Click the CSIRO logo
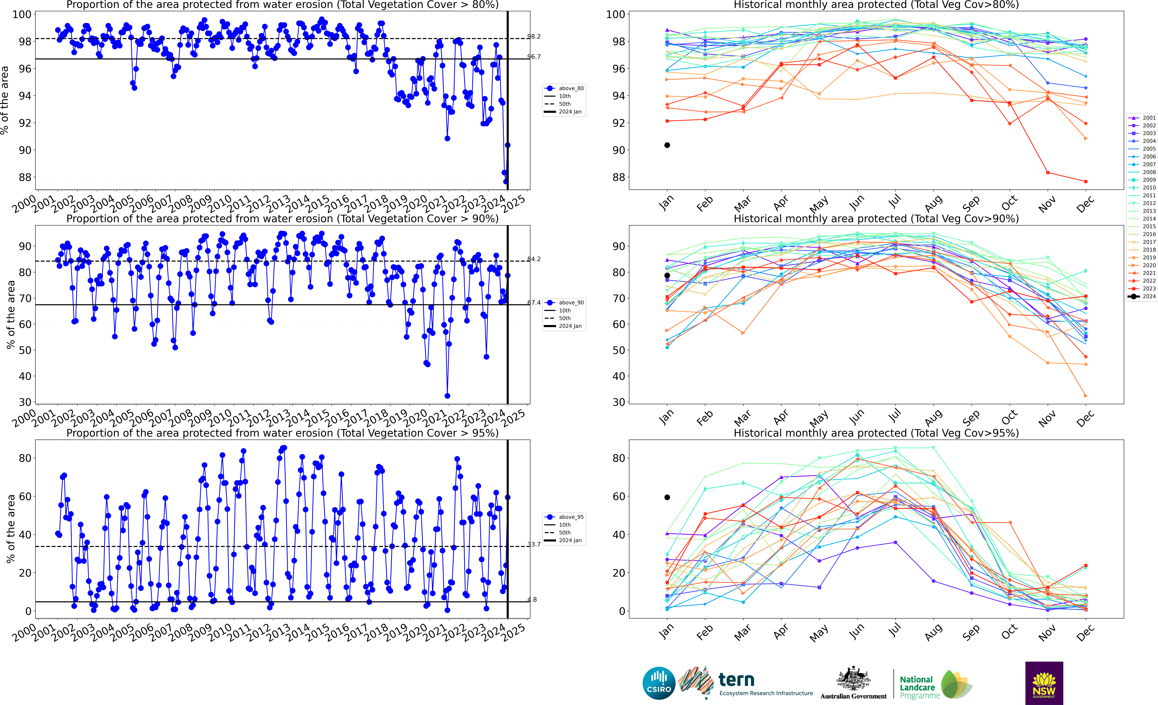pyautogui.click(x=659, y=683)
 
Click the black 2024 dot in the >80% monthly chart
pyautogui.click(x=667, y=145)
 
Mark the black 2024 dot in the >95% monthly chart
pyautogui.click(x=667, y=497)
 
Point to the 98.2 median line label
pyautogui.click(x=534, y=36)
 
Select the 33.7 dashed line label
pyautogui.click(x=534, y=544)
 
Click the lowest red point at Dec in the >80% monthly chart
pyautogui.click(x=1086, y=181)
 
